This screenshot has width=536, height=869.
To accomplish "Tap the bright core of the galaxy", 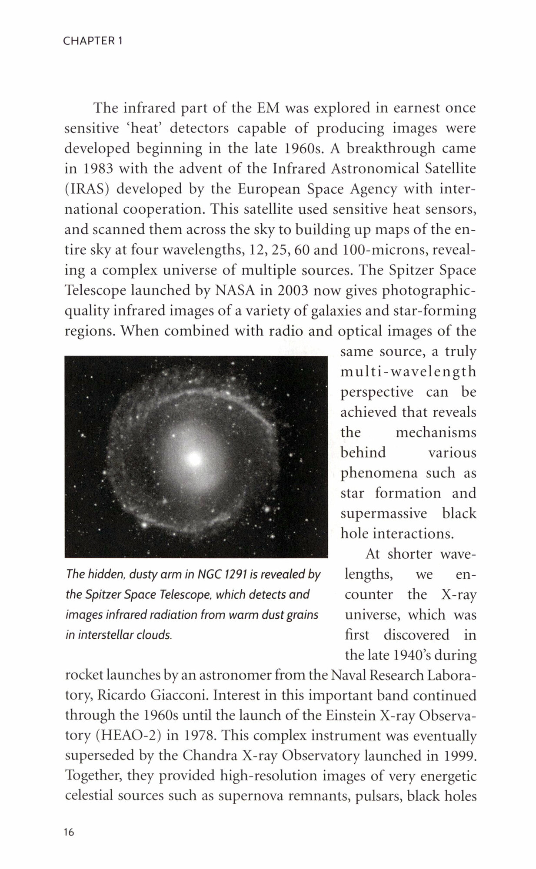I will (x=194, y=458).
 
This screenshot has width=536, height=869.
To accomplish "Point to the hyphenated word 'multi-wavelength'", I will (x=408, y=372).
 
